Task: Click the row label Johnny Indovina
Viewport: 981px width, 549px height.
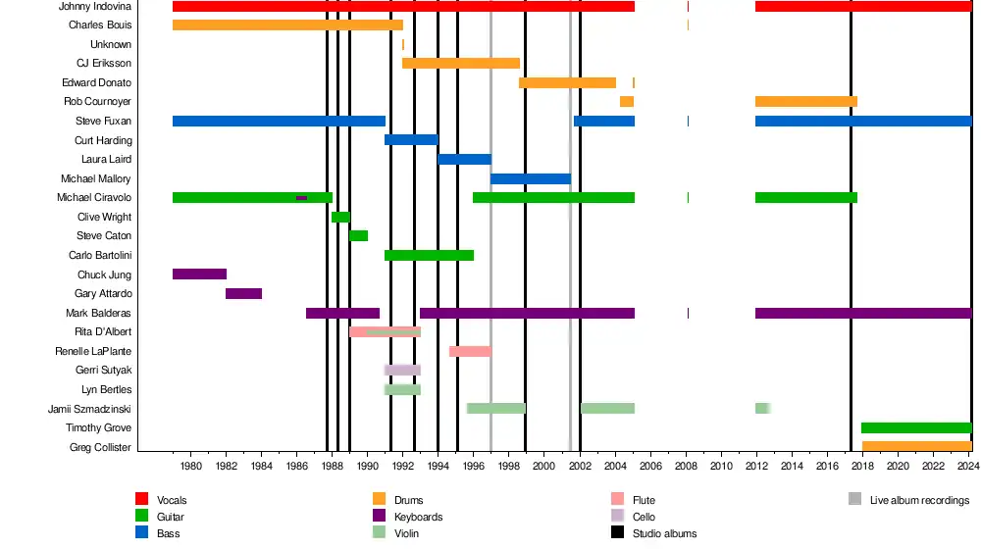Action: [x=96, y=6]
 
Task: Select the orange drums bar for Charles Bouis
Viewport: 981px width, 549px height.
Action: [x=287, y=25]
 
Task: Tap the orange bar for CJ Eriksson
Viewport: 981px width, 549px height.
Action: [x=461, y=63]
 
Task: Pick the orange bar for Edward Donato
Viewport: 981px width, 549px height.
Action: [x=567, y=82]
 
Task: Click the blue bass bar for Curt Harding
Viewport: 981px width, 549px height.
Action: [x=411, y=140]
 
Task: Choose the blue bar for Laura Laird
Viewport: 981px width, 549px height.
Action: [x=464, y=159]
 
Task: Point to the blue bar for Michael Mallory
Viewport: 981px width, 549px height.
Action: [x=530, y=178]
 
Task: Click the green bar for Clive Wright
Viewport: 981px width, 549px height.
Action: [x=340, y=217]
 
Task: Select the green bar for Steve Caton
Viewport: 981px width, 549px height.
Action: [x=358, y=235]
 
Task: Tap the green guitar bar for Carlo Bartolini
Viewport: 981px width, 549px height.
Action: [x=429, y=255]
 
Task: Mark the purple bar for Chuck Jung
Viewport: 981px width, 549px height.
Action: [x=199, y=274]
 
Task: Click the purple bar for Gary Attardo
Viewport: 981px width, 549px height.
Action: [x=243, y=293]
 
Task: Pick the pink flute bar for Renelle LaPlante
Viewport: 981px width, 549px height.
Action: [x=470, y=351]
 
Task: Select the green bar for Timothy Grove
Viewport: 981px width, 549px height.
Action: [x=915, y=427]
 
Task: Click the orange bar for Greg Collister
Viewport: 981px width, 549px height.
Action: [x=916, y=447]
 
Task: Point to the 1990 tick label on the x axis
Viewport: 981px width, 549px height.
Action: [x=368, y=466]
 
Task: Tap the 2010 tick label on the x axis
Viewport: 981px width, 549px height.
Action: [x=721, y=466]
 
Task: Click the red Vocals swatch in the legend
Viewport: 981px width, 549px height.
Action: [x=141, y=500]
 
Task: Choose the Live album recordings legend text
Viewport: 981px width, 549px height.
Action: [x=919, y=500]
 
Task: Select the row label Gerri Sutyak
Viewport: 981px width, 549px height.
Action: [x=103, y=371]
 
